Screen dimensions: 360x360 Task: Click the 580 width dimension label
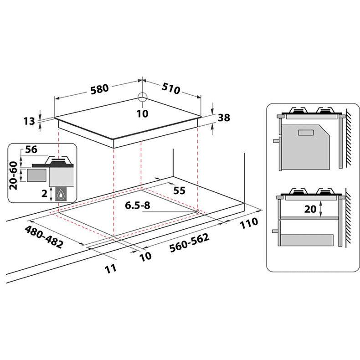click(x=99, y=89)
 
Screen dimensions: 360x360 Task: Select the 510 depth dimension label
click(x=171, y=88)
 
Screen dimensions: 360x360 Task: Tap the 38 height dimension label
click(x=224, y=118)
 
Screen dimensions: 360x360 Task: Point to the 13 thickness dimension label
click(x=29, y=121)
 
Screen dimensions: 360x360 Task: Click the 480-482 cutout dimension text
click(x=44, y=237)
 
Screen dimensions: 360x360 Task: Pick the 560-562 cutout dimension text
click(x=190, y=243)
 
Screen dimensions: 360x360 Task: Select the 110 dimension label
click(x=249, y=223)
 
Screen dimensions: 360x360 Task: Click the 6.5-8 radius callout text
click(x=137, y=205)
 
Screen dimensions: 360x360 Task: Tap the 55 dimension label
click(x=179, y=190)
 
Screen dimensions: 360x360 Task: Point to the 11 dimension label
click(x=111, y=268)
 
